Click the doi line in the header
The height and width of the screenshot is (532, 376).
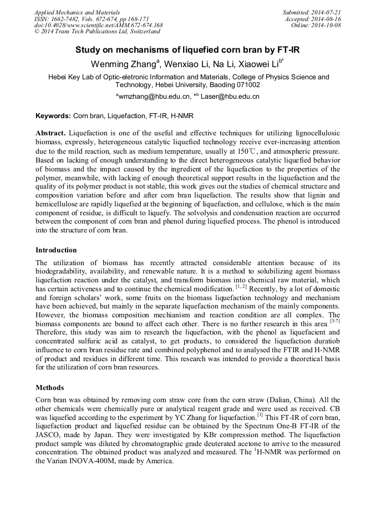point(98,25)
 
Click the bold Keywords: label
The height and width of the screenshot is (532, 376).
point(53,116)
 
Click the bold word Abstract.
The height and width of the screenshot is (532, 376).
point(50,134)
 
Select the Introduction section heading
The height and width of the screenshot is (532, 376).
point(56,250)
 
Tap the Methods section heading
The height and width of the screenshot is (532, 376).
point(49,388)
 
